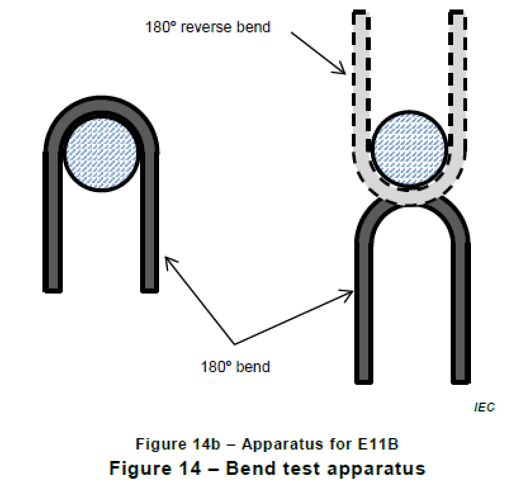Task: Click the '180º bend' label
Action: pyautogui.click(x=235, y=367)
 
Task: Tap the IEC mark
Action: pyautogui.click(x=484, y=408)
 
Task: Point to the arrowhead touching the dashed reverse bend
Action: pyautogui.click(x=342, y=72)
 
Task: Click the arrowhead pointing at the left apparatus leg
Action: pyautogui.click(x=167, y=260)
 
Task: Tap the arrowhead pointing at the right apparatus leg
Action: pyautogui.click(x=349, y=293)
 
